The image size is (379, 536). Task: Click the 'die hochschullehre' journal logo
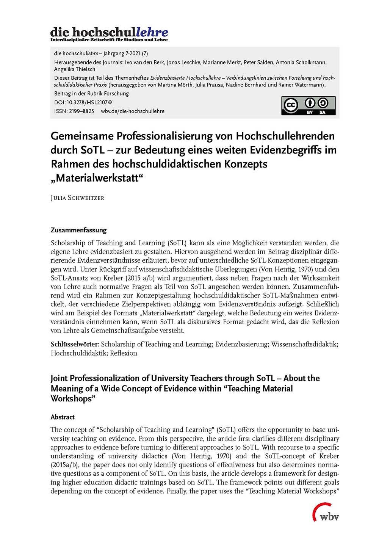(x=109, y=34)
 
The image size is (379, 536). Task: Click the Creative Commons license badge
(x=308, y=106)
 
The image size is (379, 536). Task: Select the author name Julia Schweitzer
(x=77, y=198)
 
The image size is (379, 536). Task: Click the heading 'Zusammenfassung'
(x=78, y=230)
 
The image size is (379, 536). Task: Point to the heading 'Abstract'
(x=63, y=417)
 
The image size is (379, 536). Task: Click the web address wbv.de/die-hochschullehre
(x=133, y=111)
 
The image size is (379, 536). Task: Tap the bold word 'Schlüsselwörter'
(x=75, y=344)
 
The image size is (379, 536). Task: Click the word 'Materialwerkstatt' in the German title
(x=97, y=178)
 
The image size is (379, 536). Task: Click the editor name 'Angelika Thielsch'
(x=75, y=69)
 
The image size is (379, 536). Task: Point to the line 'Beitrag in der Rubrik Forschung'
(x=91, y=93)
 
